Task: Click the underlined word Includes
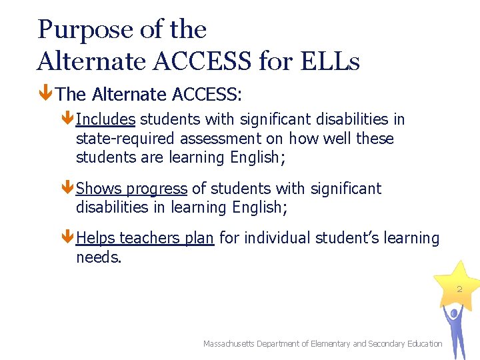(x=106, y=120)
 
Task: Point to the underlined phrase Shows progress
(x=132, y=189)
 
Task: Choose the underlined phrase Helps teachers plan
(x=145, y=238)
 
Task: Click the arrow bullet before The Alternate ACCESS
(x=46, y=95)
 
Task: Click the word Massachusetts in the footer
(x=229, y=344)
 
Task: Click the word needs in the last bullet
(x=98, y=257)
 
